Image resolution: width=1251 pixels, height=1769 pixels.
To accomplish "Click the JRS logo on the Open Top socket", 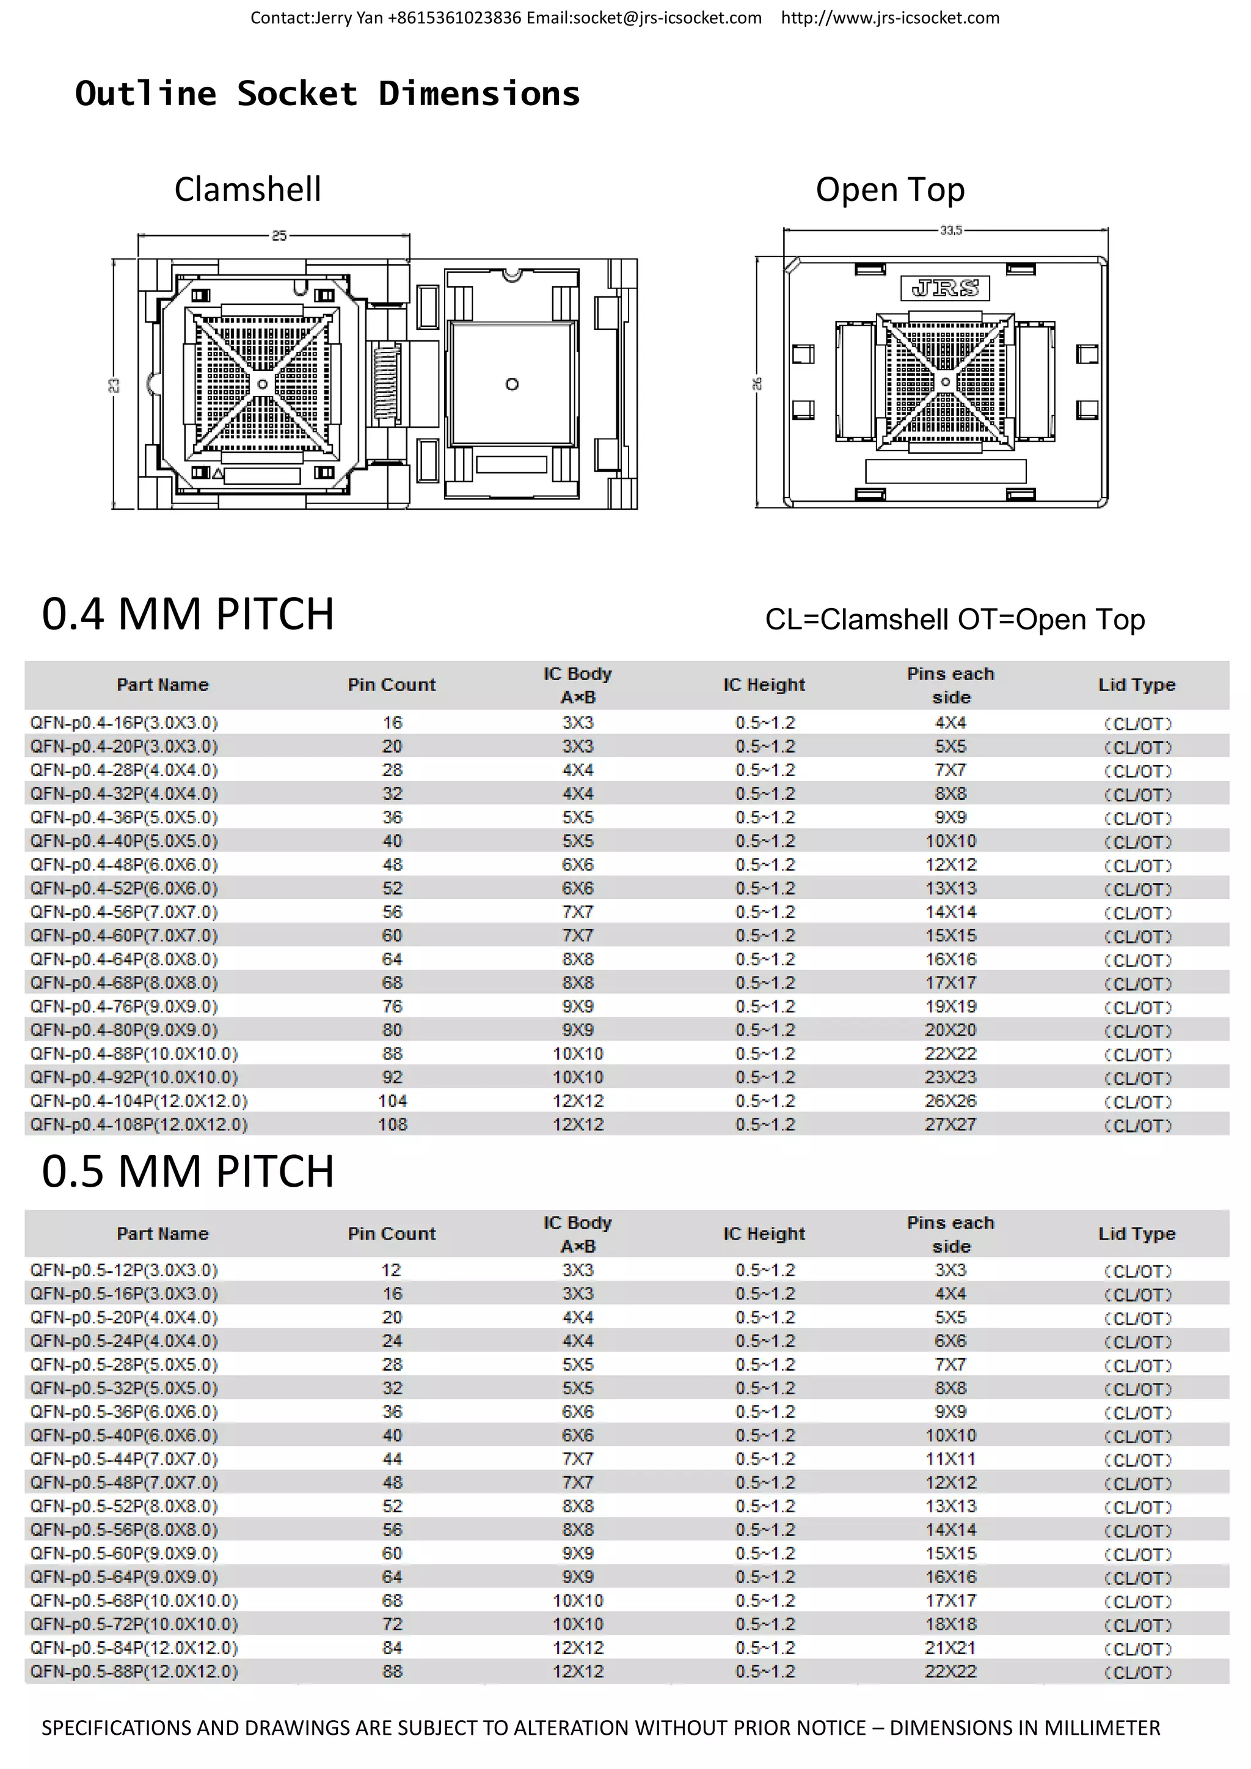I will (945, 288).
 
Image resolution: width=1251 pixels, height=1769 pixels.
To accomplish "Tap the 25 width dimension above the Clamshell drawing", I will (279, 235).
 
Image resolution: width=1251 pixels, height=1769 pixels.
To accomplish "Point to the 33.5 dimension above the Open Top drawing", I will (950, 230).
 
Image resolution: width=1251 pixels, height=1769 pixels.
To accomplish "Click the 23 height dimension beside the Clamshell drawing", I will (114, 384).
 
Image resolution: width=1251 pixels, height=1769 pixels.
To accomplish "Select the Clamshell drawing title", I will (247, 189).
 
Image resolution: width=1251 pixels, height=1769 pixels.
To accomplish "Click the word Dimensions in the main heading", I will (478, 93).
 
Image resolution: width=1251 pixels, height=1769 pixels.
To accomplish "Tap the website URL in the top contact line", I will (890, 18).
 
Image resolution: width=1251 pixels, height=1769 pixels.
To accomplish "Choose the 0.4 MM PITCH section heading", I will (188, 614).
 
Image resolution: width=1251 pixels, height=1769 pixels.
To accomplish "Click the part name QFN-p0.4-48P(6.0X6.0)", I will (124, 865).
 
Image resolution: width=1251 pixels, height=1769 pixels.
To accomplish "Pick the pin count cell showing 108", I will (392, 1124).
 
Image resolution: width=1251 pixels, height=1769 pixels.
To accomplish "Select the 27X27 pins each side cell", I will (950, 1124).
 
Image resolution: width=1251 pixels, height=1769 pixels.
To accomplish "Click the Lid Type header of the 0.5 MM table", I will (1136, 1234).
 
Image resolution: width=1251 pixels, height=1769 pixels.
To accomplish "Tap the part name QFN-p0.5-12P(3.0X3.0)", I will (124, 1270).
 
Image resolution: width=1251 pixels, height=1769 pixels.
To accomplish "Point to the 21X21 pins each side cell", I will (950, 1648).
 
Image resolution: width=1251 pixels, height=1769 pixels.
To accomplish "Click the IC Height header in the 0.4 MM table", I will (764, 685).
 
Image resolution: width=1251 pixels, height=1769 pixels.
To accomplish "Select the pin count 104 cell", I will (392, 1101).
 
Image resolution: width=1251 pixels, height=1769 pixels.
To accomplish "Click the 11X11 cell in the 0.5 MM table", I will (950, 1459).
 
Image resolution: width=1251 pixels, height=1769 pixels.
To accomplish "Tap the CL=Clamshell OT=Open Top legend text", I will (954, 620).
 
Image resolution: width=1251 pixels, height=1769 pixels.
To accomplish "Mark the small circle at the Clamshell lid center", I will (512, 384).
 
